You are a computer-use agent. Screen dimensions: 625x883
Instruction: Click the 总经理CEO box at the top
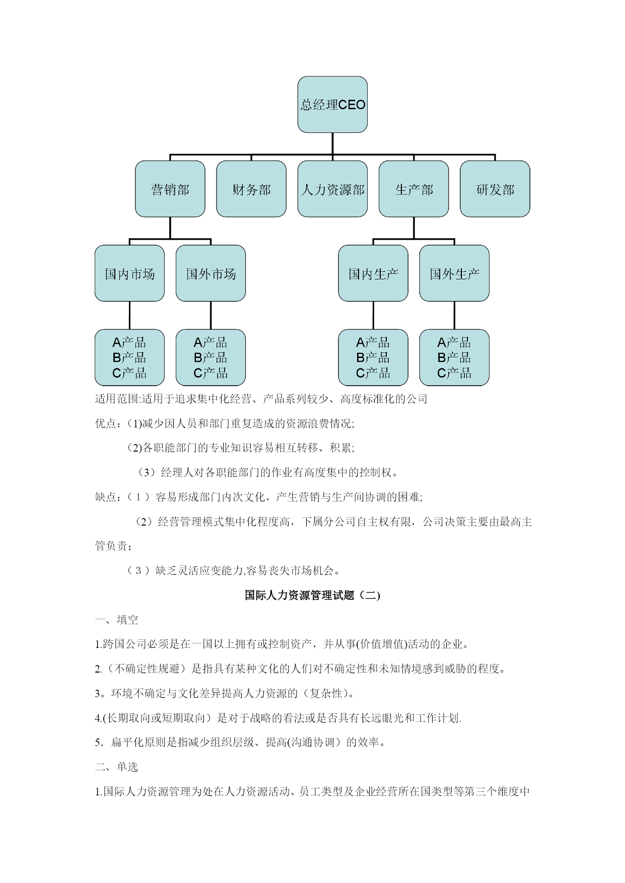click(x=332, y=105)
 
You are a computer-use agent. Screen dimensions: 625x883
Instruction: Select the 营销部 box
click(x=170, y=189)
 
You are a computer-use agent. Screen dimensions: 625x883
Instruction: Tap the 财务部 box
click(x=251, y=189)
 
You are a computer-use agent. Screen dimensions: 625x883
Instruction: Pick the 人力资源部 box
click(x=332, y=189)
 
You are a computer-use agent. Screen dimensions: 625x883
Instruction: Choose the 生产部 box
click(x=414, y=189)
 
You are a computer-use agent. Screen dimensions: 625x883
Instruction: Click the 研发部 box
click(x=495, y=189)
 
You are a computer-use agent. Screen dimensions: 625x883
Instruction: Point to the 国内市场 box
click(x=130, y=273)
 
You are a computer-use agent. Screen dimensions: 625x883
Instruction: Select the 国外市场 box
click(x=211, y=273)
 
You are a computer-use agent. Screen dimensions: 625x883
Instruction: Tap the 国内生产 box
click(x=373, y=273)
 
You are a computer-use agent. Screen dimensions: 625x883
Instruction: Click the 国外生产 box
click(x=454, y=273)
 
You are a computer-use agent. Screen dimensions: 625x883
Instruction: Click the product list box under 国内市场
click(x=130, y=357)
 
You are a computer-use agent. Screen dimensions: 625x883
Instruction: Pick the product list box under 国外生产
click(x=454, y=357)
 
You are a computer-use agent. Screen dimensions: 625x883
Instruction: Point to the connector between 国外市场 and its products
click(x=211, y=316)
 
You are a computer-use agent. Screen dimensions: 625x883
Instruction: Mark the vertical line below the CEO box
click(x=332, y=144)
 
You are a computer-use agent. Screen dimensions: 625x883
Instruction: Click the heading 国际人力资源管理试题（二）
click(x=312, y=595)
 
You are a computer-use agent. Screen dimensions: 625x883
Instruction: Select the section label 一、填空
click(x=117, y=620)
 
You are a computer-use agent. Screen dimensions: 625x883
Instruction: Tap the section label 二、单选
click(x=117, y=767)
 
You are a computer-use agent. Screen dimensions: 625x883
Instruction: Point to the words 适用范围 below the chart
click(x=117, y=399)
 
